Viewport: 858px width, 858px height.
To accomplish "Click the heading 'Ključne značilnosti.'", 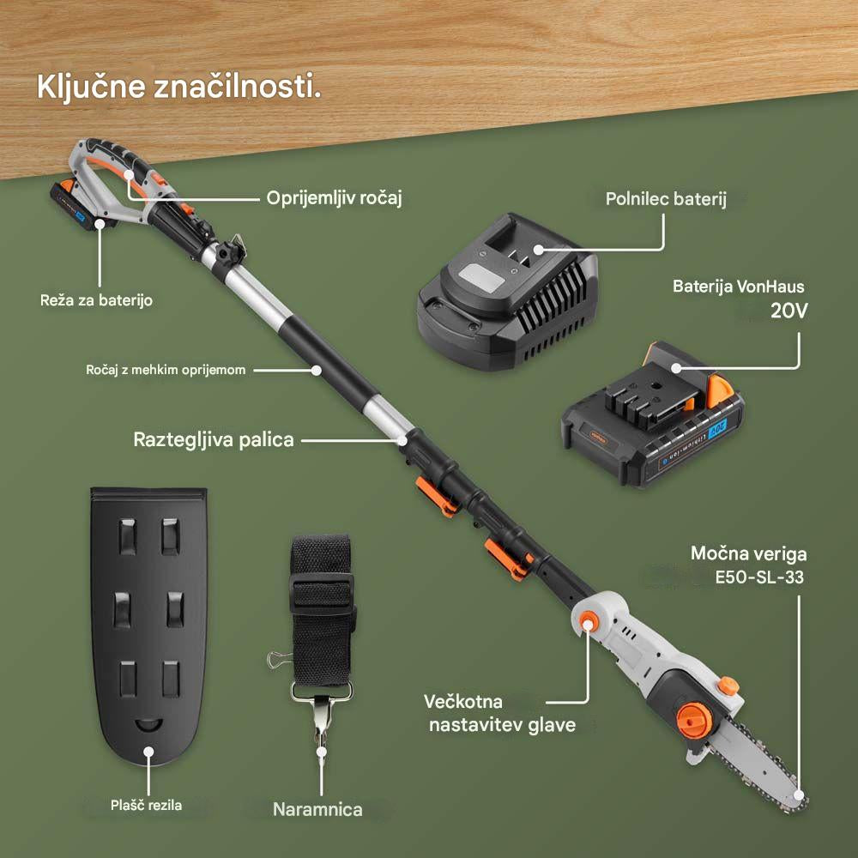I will (178, 88).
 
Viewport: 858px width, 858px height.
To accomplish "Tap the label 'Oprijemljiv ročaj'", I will (333, 198).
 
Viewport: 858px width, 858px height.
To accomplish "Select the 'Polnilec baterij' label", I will (666, 200).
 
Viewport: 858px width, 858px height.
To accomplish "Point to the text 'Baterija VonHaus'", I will (739, 287).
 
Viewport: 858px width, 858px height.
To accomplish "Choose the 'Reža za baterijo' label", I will (96, 301).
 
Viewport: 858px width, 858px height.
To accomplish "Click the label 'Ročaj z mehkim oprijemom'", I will (166, 370).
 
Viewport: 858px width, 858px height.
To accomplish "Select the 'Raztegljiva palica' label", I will (214, 440).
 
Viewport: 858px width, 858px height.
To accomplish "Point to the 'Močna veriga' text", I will (749, 553).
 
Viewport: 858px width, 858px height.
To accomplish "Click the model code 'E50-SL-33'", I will (759, 577).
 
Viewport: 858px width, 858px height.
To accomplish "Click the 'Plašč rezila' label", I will (147, 805).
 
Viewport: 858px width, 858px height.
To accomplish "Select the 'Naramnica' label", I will (317, 809).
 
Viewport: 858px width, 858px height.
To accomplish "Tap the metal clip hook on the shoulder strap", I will (322, 725).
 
